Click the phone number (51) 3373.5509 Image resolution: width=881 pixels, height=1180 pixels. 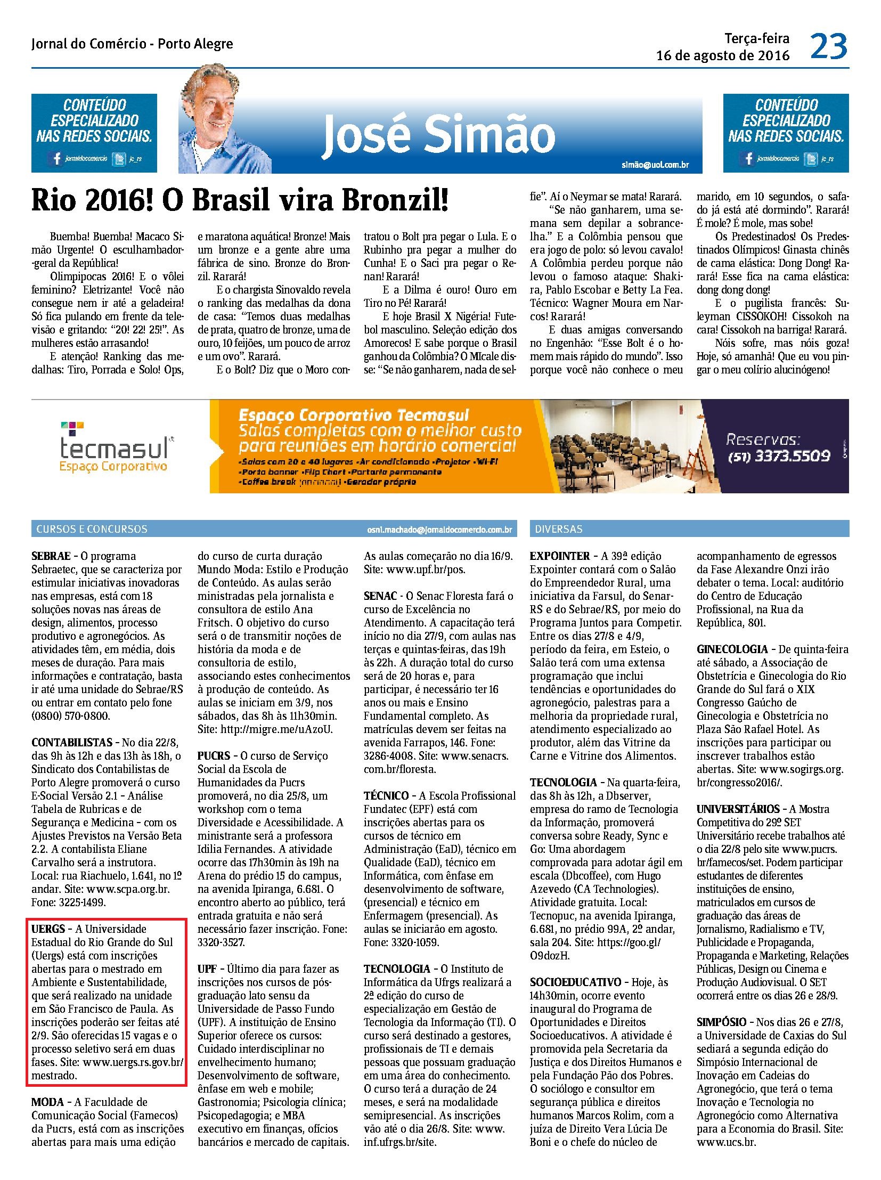coord(779,456)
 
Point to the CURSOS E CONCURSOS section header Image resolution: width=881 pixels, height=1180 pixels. coord(92,529)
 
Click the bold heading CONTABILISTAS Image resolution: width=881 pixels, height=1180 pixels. coord(72,742)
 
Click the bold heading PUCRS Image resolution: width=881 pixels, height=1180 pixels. coord(214,755)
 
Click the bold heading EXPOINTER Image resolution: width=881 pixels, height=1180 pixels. coord(560,556)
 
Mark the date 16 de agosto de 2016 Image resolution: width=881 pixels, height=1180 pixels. coord(723,56)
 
